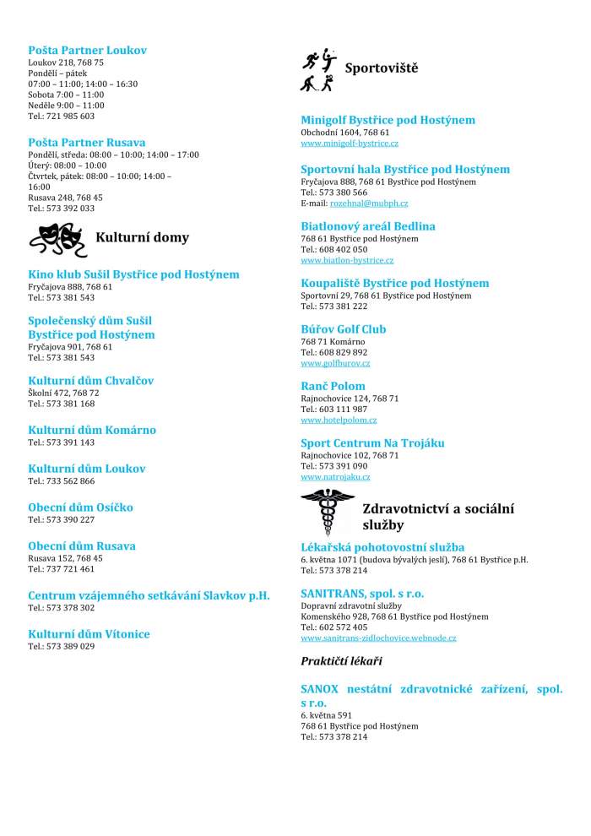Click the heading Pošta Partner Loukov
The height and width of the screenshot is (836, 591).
[87, 51]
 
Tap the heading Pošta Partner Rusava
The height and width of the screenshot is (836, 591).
[86, 142]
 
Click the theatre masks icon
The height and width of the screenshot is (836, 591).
[57, 239]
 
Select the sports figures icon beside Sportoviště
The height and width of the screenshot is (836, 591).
[318, 69]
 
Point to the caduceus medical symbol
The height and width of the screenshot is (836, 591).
[328, 512]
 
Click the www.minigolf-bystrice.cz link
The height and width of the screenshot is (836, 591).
[350, 144]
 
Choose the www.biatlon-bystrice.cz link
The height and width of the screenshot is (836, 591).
[347, 260]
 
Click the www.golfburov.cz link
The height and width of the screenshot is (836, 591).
[335, 363]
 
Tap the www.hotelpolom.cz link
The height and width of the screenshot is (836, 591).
[339, 420]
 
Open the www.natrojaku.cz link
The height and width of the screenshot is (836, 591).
[335, 477]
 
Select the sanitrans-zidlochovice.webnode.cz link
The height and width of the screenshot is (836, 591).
[378, 638]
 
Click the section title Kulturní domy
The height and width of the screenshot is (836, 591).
[142, 237]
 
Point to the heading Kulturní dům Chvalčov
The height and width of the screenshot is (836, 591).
[90, 381]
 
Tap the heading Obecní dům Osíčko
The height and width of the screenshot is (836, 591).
[80, 508]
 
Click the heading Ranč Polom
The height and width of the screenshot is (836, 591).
[333, 386]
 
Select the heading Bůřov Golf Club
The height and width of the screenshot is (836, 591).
[344, 329]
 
